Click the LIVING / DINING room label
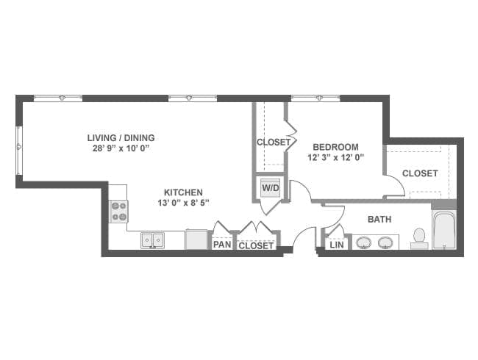(x=121, y=137)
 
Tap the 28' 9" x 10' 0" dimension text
(x=121, y=148)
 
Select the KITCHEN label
(x=183, y=192)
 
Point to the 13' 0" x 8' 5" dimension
(x=183, y=203)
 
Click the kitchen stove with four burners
(x=119, y=211)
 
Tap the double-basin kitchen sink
(x=152, y=240)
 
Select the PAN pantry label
(x=221, y=245)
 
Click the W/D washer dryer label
(x=270, y=187)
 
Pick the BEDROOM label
(x=335, y=146)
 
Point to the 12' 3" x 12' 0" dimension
(x=335, y=156)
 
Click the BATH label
(x=379, y=219)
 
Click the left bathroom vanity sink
(x=363, y=242)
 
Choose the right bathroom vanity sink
(x=385, y=242)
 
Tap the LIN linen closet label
(x=337, y=245)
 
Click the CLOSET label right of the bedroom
(x=420, y=173)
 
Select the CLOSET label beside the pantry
(x=256, y=245)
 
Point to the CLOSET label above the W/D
(x=273, y=142)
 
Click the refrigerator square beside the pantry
(x=196, y=240)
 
